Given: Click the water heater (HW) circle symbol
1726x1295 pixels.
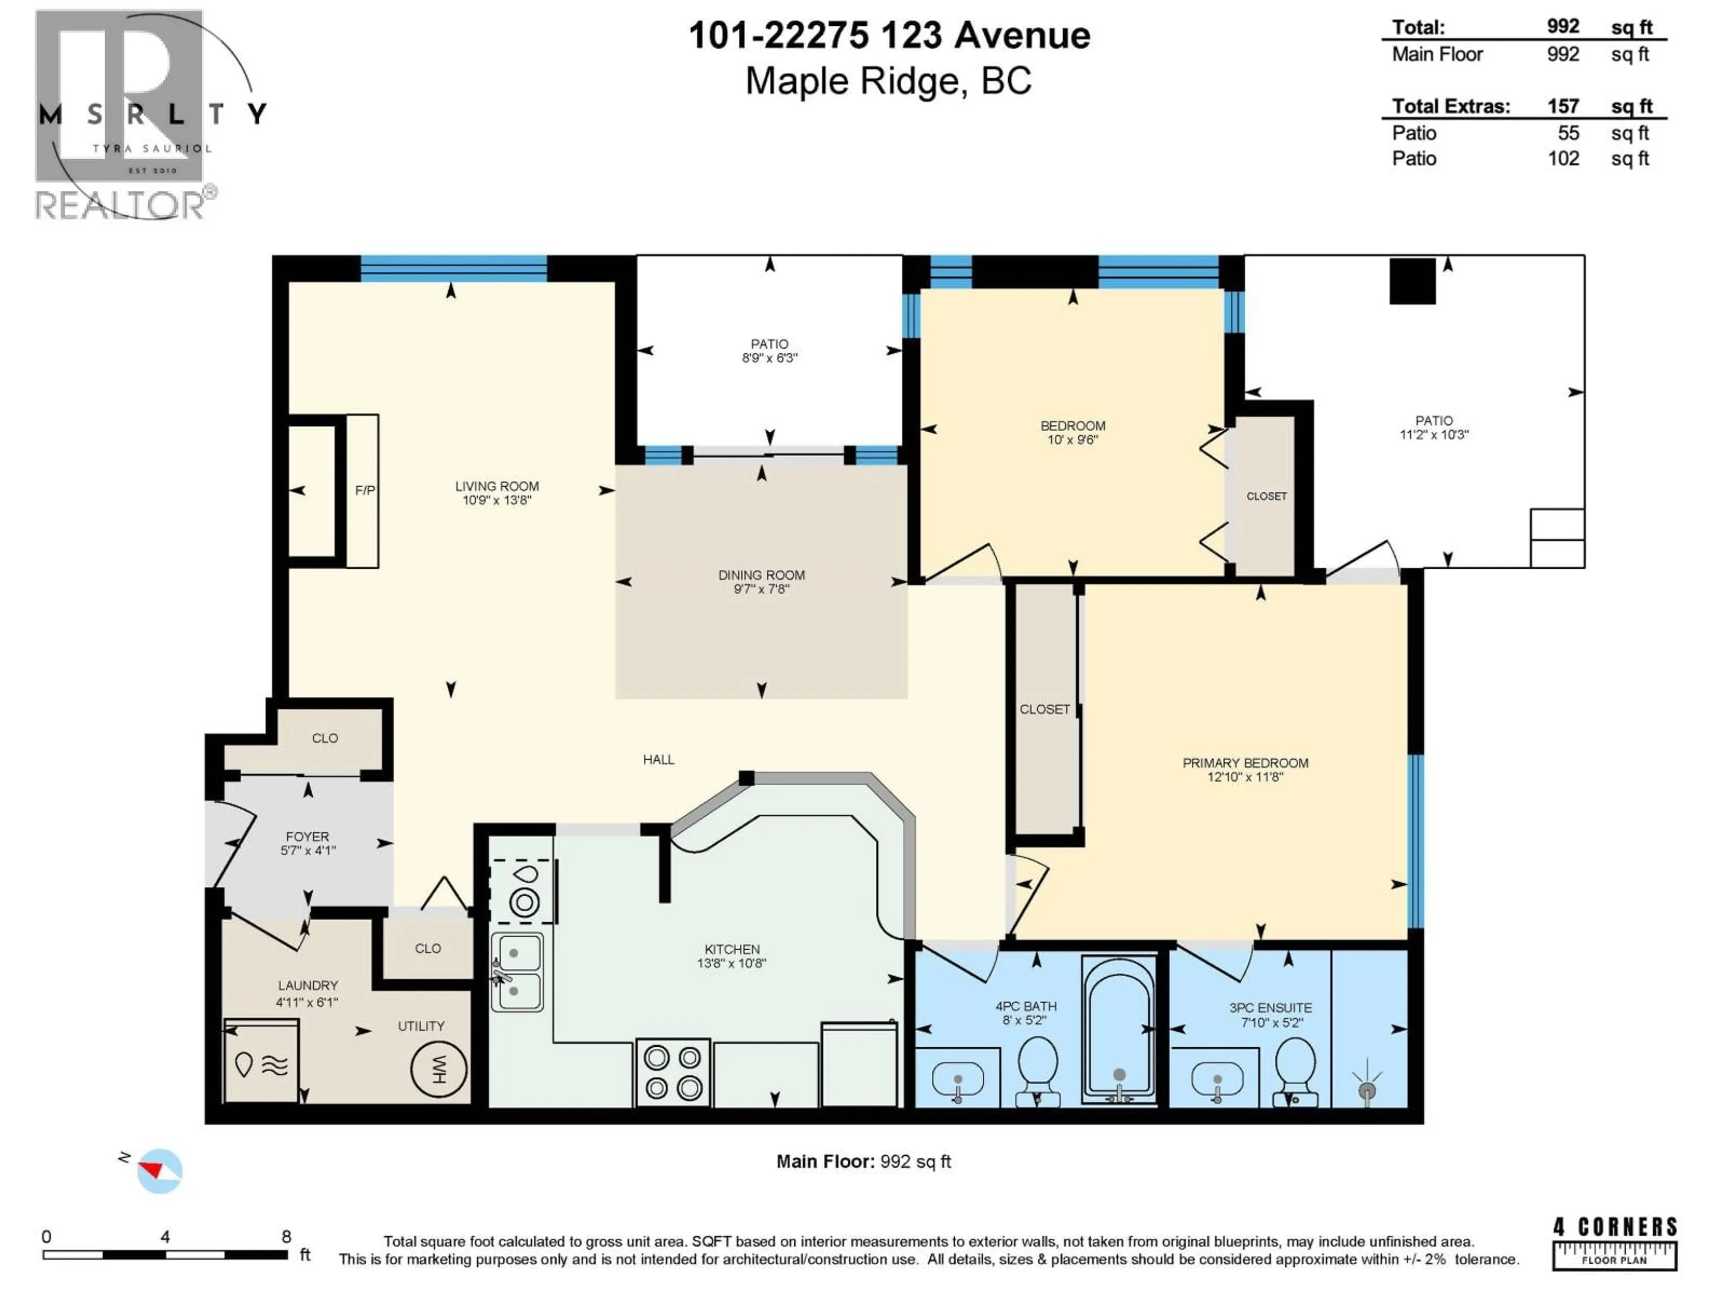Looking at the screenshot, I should [x=439, y=1069].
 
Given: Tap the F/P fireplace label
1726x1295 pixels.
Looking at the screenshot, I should [x=365, y=490].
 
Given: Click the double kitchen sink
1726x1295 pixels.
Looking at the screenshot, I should [x=516, y=972].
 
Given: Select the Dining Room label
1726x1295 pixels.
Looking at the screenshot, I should [x=761, y=575].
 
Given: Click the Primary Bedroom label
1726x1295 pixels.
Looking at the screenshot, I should [x=1246, y=763].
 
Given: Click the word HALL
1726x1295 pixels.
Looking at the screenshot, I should [x=658, y=759].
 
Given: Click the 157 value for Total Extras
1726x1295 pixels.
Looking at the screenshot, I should [x=1563, y=106].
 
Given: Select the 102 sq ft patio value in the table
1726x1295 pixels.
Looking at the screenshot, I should [x=1563, y=158].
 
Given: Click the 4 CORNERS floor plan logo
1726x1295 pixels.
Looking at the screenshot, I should [x=1615, y=1243].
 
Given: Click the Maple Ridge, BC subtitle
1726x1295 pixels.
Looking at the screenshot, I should [x=888, y=81].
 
